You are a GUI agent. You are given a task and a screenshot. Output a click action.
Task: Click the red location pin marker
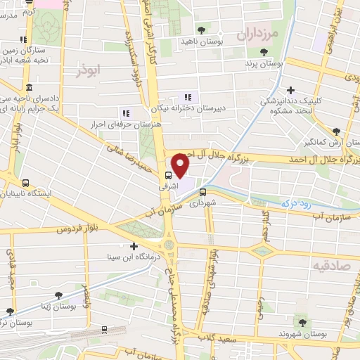point(181,165)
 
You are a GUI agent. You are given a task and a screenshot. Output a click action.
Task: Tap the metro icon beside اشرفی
point(167,175)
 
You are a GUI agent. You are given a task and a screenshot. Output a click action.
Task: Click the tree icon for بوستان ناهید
point(202,30)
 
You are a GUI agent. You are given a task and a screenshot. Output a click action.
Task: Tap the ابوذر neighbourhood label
point(91,70)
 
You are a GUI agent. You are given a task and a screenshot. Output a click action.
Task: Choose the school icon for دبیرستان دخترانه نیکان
point(187,96)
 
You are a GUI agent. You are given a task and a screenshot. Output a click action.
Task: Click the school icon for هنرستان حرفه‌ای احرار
point(125,112)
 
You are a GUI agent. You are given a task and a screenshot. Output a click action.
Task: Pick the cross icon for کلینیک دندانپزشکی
point(290,90)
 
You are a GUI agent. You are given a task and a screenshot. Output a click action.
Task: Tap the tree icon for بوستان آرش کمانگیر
point(336,131)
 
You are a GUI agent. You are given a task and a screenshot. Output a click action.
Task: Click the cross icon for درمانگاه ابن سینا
point(134,245)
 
